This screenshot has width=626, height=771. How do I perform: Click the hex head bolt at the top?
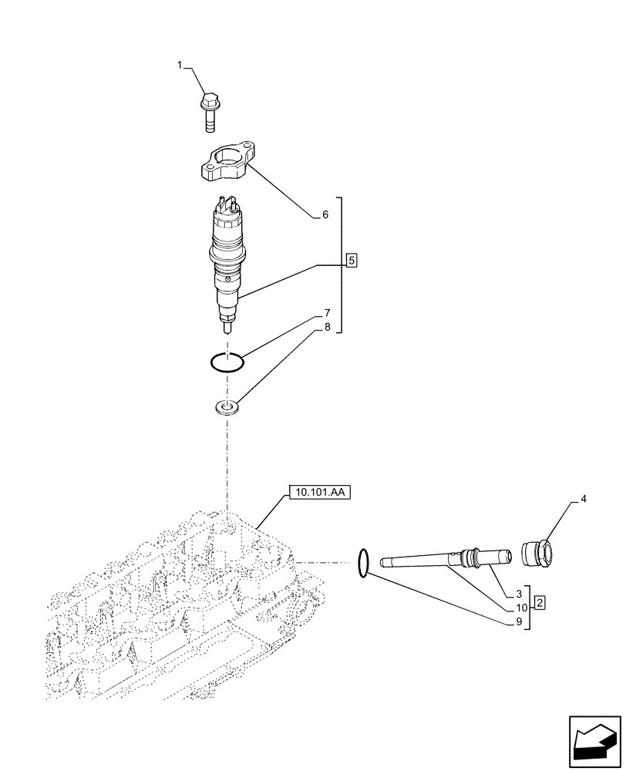point(209,111)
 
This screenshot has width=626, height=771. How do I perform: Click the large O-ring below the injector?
point(227,362)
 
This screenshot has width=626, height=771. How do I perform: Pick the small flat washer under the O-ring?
point(227,407)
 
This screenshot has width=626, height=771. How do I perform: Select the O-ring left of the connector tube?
point(364,562)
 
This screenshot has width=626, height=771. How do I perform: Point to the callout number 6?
point(325,216)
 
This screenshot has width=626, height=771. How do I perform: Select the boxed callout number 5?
point(351,261)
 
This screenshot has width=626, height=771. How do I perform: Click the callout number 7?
point(327,313)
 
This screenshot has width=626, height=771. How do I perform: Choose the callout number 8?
point(327,327)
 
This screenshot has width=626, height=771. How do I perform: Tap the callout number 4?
point(583,500)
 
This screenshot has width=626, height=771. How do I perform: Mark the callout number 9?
point(519,621)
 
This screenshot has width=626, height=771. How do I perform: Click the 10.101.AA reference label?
point(320,490)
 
